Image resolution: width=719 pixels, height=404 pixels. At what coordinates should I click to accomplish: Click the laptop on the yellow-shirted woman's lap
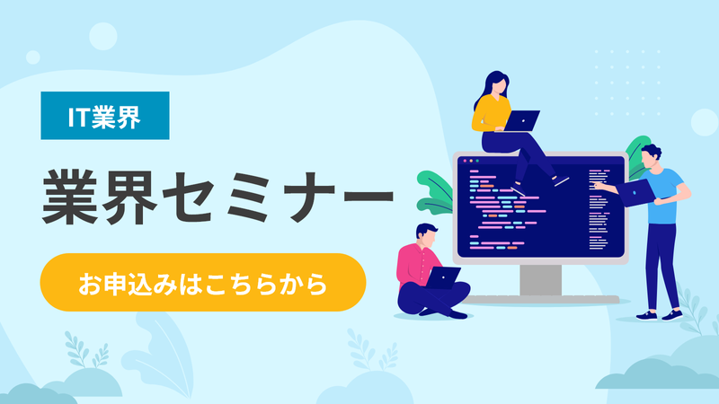pyautogui.click(x=522, y=119)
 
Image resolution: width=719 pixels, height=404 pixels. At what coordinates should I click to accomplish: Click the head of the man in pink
pyautogui.click(x=427, y=234)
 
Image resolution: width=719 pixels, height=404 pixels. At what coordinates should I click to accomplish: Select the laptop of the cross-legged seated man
pyautogui.click(x=443, y=276)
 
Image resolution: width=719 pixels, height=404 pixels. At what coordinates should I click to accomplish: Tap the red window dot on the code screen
pyautogui.click(x=461, y=162)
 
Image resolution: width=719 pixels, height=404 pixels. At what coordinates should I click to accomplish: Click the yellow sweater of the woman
pyautogui.click(x=489, y=113)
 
